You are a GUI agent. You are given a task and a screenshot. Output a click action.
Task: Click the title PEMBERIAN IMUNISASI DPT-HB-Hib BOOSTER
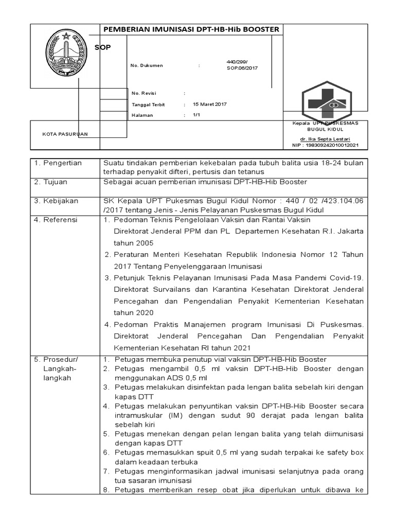coord(192,29)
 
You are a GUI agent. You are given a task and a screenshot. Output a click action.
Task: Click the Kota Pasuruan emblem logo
coord(65,53)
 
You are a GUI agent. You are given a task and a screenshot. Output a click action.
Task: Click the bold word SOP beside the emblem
coord(102,47)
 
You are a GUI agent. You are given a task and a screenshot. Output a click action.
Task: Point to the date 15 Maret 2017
coord(209,104)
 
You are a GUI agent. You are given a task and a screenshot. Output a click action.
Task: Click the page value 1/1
coord(196,115)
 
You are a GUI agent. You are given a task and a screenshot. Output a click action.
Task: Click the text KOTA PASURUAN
coord(65,134)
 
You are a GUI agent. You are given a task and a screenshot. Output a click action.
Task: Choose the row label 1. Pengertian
coord(58,163)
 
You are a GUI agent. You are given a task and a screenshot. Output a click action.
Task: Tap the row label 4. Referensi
coord(56,220)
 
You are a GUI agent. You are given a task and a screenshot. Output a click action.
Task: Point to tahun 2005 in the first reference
coord(134,243)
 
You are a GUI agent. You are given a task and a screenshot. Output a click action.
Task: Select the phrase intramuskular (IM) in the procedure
coord(139,415)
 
